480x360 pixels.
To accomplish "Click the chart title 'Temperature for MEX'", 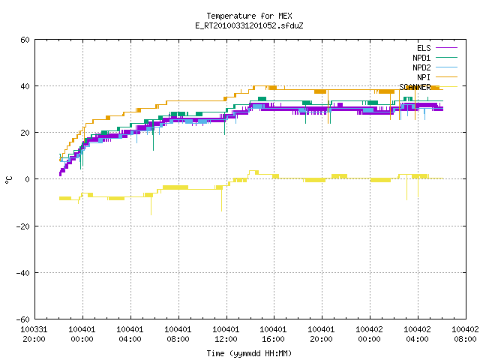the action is coord(249,16).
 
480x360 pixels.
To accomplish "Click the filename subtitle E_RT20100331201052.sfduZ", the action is coord(249,25).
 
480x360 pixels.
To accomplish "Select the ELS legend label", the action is coord(424,48).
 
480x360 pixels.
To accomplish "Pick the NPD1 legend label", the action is coord(421,58).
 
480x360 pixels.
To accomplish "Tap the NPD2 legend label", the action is coord(421,67).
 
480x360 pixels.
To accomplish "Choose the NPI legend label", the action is coord(424,77).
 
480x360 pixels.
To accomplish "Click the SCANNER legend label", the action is coord(415,87).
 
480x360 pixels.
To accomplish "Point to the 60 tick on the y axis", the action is coord(25,40).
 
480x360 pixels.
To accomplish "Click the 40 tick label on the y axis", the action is coord(25,86).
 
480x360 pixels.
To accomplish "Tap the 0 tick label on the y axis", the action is coord(28,179).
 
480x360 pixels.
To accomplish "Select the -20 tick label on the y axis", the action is coord(23,226).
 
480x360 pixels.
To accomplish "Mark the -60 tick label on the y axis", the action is coord(23,319).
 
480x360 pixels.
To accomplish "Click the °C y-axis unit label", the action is coord(8,180).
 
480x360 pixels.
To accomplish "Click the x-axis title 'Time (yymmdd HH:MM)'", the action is coord(249,353).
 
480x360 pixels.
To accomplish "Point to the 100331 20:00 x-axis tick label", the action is coord(34,334).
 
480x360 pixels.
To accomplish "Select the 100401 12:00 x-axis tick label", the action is coord(226,334).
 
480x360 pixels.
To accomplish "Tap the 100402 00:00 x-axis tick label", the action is coord(369,334).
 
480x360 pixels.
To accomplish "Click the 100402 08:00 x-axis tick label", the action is coord(465,334).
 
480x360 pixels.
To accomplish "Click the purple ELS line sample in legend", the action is coord(446,48).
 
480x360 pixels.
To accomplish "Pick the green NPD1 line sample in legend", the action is coord(446,58).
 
